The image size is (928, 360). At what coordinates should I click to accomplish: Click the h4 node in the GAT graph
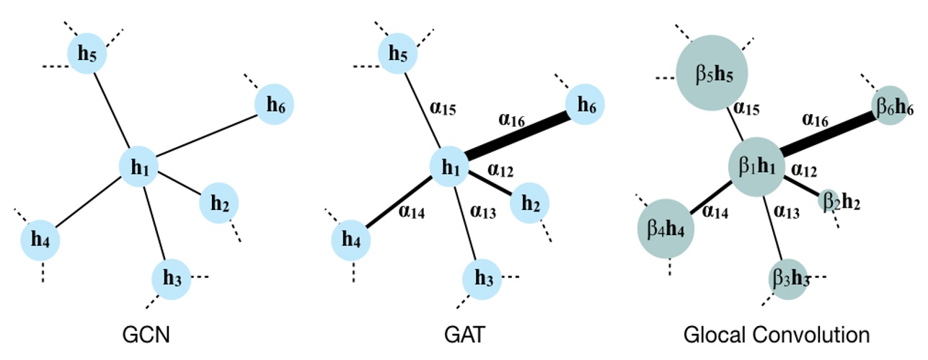click(x=350, y=240)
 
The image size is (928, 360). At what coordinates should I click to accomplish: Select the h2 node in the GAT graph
click(x=529, y=203)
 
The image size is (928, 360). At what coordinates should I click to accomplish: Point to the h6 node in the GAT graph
click(x=585, y=105)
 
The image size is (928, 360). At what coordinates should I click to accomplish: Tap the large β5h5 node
click(x=712, y=75)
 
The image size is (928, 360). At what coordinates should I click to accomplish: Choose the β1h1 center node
click(x=755, y=167)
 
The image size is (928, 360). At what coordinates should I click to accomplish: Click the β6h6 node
click(x=894, y=106)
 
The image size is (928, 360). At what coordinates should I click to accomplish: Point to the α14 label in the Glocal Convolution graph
click(x=715, y=211)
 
